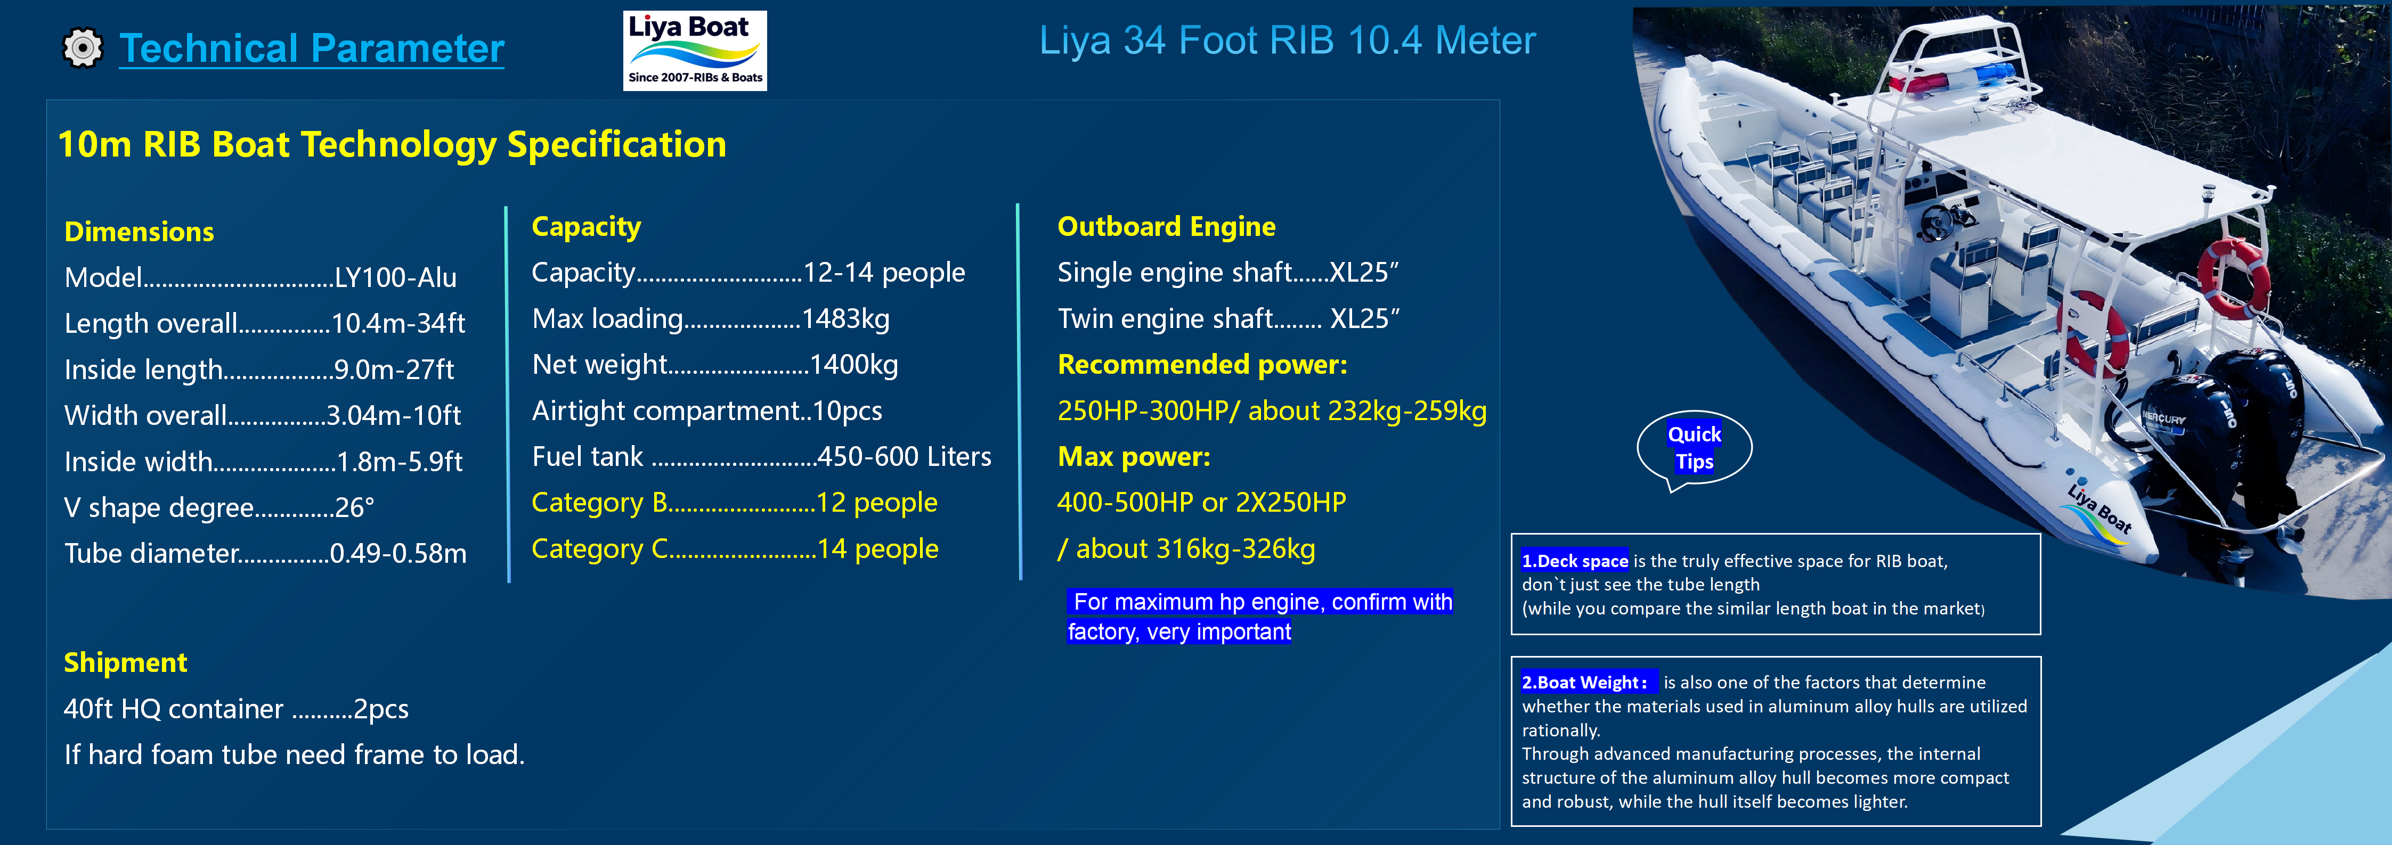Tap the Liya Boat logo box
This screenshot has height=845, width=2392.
point(695,50)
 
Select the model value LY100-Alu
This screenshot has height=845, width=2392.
point(396,277)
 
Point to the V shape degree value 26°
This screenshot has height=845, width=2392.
point(355,508)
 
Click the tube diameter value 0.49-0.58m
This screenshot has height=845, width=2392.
point(398,553)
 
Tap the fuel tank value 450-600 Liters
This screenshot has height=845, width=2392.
point(904,457)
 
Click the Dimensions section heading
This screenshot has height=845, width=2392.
point(139,231)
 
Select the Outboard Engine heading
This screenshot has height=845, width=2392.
point(1166,227)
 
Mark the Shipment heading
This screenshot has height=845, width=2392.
point(125,662)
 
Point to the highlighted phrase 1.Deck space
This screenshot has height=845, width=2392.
point(1575,561)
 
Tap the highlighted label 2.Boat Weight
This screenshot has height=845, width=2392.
point(1584,683)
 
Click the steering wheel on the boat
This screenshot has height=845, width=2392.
point(1940,219)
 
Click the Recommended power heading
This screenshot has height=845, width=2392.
point(1201,365)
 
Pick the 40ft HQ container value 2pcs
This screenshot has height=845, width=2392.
point(381,709)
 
